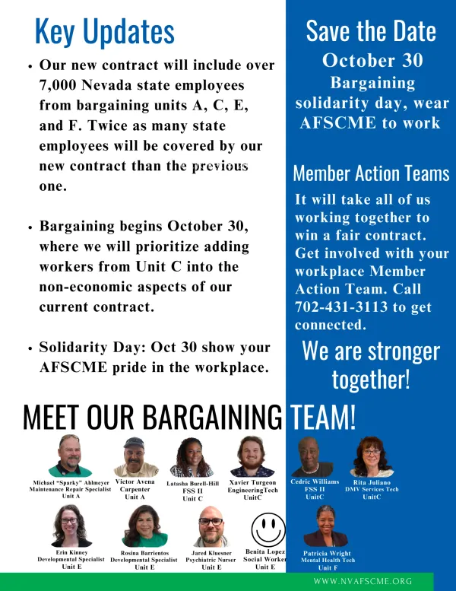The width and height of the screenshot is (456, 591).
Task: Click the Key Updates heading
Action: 105,32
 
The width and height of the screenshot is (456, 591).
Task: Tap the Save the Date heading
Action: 371,31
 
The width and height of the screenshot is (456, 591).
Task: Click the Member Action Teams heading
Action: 371,173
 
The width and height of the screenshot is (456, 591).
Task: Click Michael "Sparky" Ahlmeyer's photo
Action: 70,456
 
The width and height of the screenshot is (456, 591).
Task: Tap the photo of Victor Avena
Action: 136,457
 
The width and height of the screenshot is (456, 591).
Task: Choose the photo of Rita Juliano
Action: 372,457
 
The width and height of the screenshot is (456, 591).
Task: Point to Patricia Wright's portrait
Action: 325,526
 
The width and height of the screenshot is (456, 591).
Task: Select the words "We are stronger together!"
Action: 371,365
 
